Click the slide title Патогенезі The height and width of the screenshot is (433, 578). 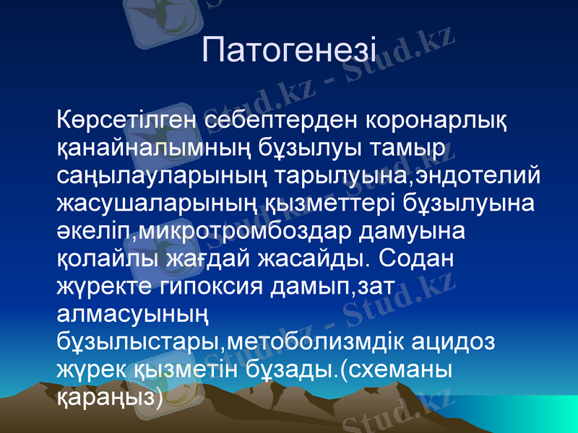tap(289, 50)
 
